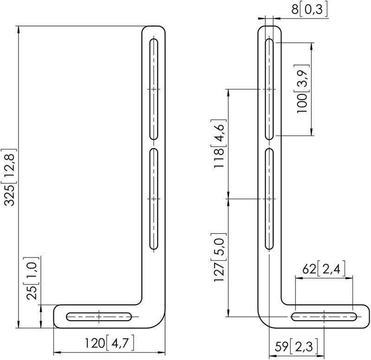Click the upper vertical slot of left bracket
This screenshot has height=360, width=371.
click(154, 89)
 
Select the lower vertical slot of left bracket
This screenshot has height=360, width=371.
click(154, 199)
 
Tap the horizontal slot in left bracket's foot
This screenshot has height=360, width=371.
click(99, 317)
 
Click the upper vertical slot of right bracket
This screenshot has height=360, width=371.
click(269, 89)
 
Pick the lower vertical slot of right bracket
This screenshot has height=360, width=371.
click(269, 199)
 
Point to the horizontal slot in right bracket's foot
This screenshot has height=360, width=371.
click(324, 317)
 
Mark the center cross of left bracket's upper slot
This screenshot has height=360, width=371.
click(154, 89)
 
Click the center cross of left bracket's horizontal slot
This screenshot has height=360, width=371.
click(99, 317)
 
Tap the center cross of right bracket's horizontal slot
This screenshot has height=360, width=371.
click(324, 317)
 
